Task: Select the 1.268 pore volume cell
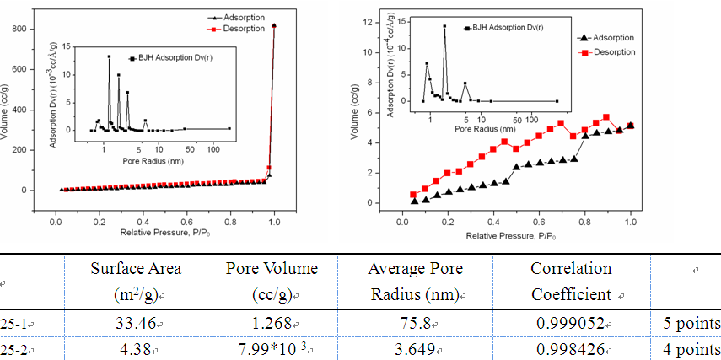point(272,324)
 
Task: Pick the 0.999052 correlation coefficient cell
point(570,324)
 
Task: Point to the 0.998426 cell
point(570,348)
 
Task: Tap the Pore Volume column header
point(272,282)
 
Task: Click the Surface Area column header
point(136,282)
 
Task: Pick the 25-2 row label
point(13,348)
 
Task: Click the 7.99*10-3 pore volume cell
point(272,348)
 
